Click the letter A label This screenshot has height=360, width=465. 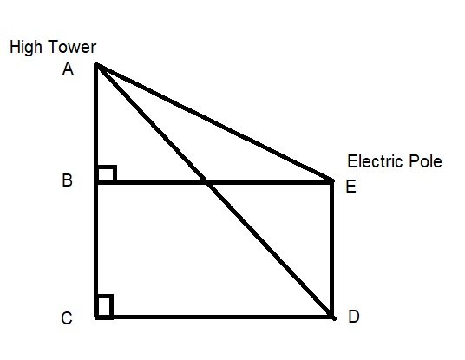pyautogui.click(x=68, y=70)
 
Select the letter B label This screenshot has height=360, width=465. pyautogui.click(x=68, y=182)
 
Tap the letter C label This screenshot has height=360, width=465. pyautogui.click(x=67, y=318)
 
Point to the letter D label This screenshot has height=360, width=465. pyautogui.click(x=353, y=317)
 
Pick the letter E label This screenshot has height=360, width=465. pyautogui.click(x=350, y=186)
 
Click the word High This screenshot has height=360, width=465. pyautogui.click(x=27, y=48)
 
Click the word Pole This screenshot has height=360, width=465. pyautogui.click(x=425, y=161)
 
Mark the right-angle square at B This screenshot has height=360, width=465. pyautogui.click(x=106, y=173)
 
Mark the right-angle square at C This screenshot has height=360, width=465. pyautogui.click(x=104, y=307)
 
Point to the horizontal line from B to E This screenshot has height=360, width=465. pyautogui.click(x=269, y=181)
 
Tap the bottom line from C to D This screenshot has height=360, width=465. pyautogui.click(x=217, y=317)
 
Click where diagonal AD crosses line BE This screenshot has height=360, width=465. pyautogui.click(x=206, y=181)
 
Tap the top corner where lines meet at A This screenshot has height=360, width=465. pyautogui.click(x=96, y=65)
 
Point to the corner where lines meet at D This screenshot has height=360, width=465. pyautogui.click(x=332, y=317)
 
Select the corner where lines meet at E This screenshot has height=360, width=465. pyautogui.click(x=332, y=181)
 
